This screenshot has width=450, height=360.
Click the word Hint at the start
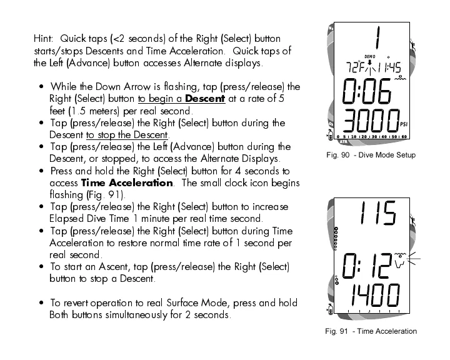pyautogui.click(x=44, y=39)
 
